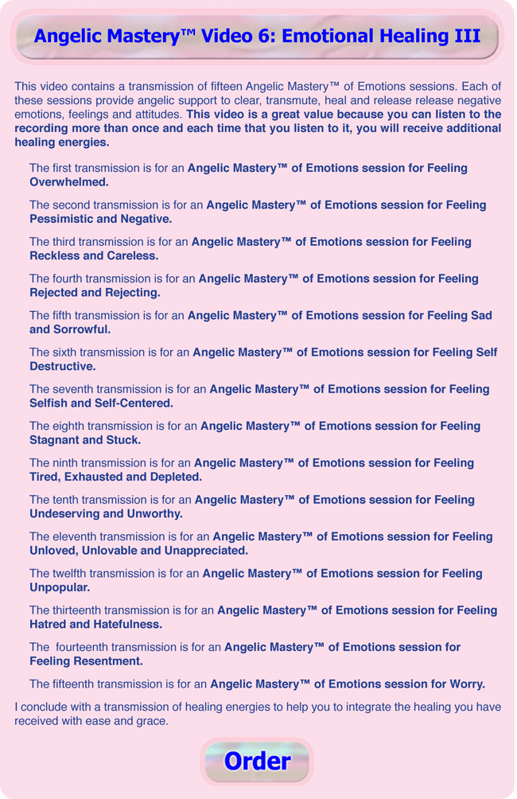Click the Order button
click(x=257, y=761)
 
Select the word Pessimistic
click(x=63, y=219)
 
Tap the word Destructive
click(x=63, y=366)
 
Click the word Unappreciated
click(x=205, y=550)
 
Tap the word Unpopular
click(x=60, y=587)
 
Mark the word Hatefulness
click(x=123, y=624)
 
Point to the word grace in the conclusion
click(x=152, y=721)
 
